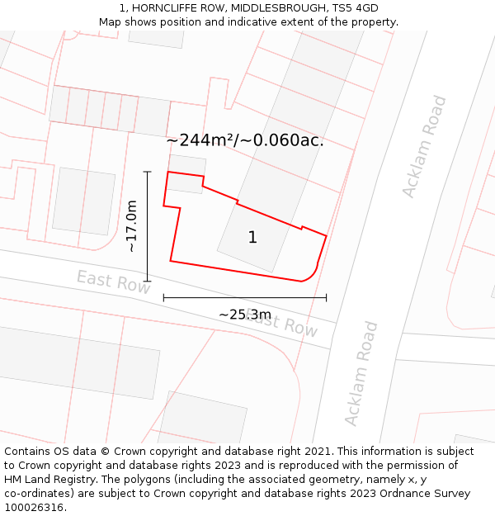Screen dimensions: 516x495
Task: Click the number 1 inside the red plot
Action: pos(252,238)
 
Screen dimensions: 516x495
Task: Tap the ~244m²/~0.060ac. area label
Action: pos(245,140)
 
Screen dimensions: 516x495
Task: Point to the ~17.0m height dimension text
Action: pos(131,226)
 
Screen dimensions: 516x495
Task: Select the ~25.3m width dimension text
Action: pos(245,315)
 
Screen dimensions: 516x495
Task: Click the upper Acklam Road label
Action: pos(424,147)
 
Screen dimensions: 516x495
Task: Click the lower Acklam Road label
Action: pos(361,374)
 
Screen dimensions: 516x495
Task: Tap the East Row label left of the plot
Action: pos(114,282)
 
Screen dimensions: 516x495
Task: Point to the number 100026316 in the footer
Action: pos(34,508)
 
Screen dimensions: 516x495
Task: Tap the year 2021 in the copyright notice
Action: pos(315,452)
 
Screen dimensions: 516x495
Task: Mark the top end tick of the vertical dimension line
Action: pos(148,172)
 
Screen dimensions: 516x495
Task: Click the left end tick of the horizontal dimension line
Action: pos(163,297)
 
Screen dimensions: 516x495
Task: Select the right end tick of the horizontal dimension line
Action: pos(327,297)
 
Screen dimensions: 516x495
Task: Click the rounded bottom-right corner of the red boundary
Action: pos(312,275)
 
